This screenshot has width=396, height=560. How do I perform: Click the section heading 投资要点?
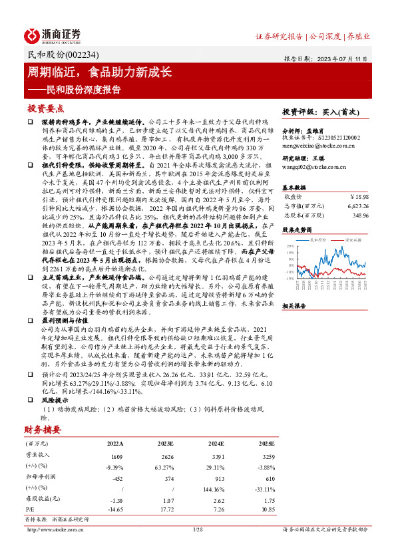(45, 108)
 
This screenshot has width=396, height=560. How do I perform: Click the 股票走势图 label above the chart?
(297, 229)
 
